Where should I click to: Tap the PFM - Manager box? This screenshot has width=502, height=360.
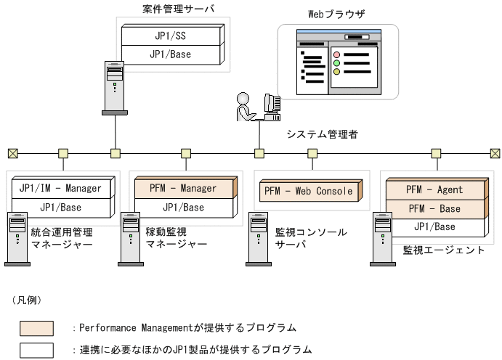tap(183, 189)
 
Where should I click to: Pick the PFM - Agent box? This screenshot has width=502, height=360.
tap(434, 190)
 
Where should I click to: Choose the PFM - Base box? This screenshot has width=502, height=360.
tap(434, 209)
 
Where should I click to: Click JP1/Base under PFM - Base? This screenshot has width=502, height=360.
tap(434, 226)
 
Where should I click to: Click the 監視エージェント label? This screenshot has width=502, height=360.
tap(443, 250)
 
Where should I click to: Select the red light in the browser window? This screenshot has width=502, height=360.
tap(336, 54)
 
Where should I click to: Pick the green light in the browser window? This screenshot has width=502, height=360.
tap(336, 72)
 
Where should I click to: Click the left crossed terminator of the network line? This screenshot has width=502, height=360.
tap(12, 153)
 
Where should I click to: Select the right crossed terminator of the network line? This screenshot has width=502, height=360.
tap(495, 153)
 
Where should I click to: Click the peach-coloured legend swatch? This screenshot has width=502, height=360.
tap(36, 328)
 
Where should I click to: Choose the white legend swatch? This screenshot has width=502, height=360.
tap(36, 349)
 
